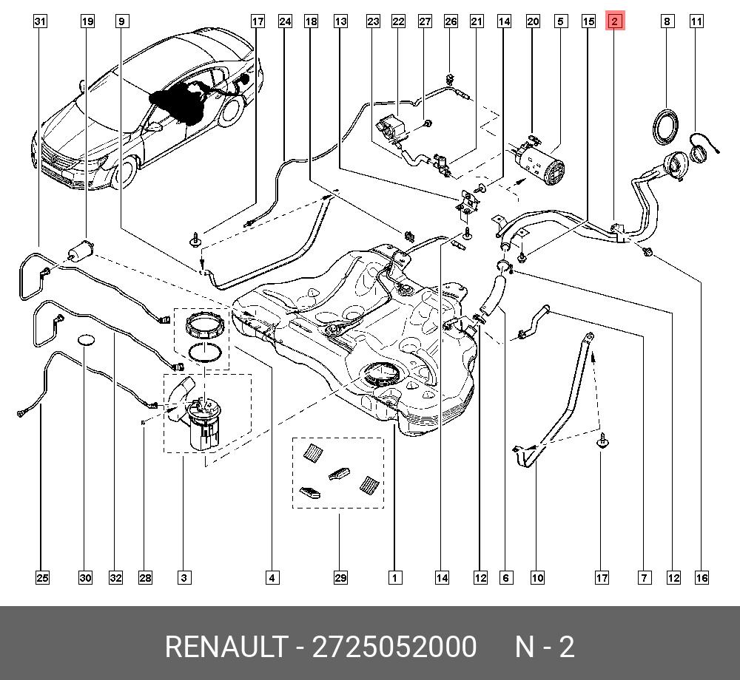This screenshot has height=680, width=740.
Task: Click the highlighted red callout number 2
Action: pos(615,21)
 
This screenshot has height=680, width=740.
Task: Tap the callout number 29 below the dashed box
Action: pos(340,577)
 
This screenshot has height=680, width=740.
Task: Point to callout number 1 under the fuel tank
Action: pos(395,577)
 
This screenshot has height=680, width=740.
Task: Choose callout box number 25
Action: pos(42,577)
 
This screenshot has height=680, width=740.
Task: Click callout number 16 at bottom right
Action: pos(701,577)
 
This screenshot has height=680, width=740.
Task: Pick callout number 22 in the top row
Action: pos(398,21)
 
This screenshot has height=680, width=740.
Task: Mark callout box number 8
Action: pos(667,21)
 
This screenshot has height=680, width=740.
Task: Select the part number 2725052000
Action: pos(394,647)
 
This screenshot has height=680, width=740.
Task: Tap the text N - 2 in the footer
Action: pos(545,647)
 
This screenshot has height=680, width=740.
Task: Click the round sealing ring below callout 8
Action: pos(666,124)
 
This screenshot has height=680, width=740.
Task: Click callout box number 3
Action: pos(184,577)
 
